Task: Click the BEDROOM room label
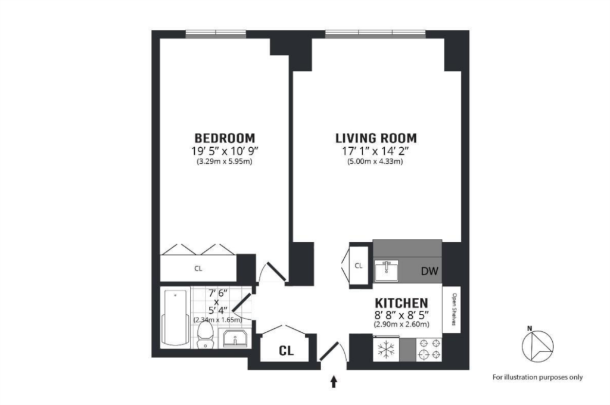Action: click(x=225, y=138)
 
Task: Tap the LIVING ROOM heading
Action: click(x=376, y=138)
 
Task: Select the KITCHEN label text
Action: click(x=402, y=303)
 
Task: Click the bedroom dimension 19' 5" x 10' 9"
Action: click(x=225, y=151)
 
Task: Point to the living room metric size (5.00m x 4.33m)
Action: click(x=375, y=161)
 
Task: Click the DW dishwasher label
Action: click(x=430, y=271)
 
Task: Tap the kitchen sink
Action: click(x=387, y=270)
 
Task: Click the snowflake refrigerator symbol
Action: click(x=386, y=350)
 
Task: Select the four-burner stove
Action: click(x=429, y=349)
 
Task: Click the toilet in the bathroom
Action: click(x=205, y=336)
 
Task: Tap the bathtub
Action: click(x=176, y=317)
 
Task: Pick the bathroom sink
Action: click(x=235, y=338)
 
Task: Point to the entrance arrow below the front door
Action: click(x=334, y=382)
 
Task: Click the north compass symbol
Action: click(x=537, y=345)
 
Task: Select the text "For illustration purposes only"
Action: click(x=538, y=377)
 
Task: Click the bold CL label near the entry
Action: click(x=287, y=351)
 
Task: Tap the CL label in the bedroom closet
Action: click(x=198, y=269)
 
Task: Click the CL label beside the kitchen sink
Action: click(x=359, y=266)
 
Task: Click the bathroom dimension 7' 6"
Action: click(x=217, y=293)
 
